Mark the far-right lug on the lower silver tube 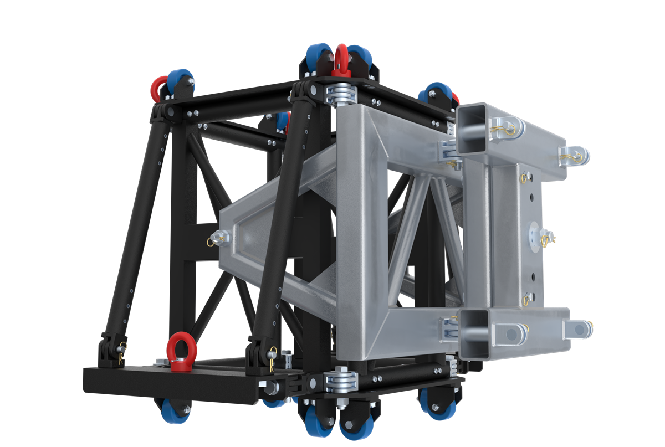pos(579,329)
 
